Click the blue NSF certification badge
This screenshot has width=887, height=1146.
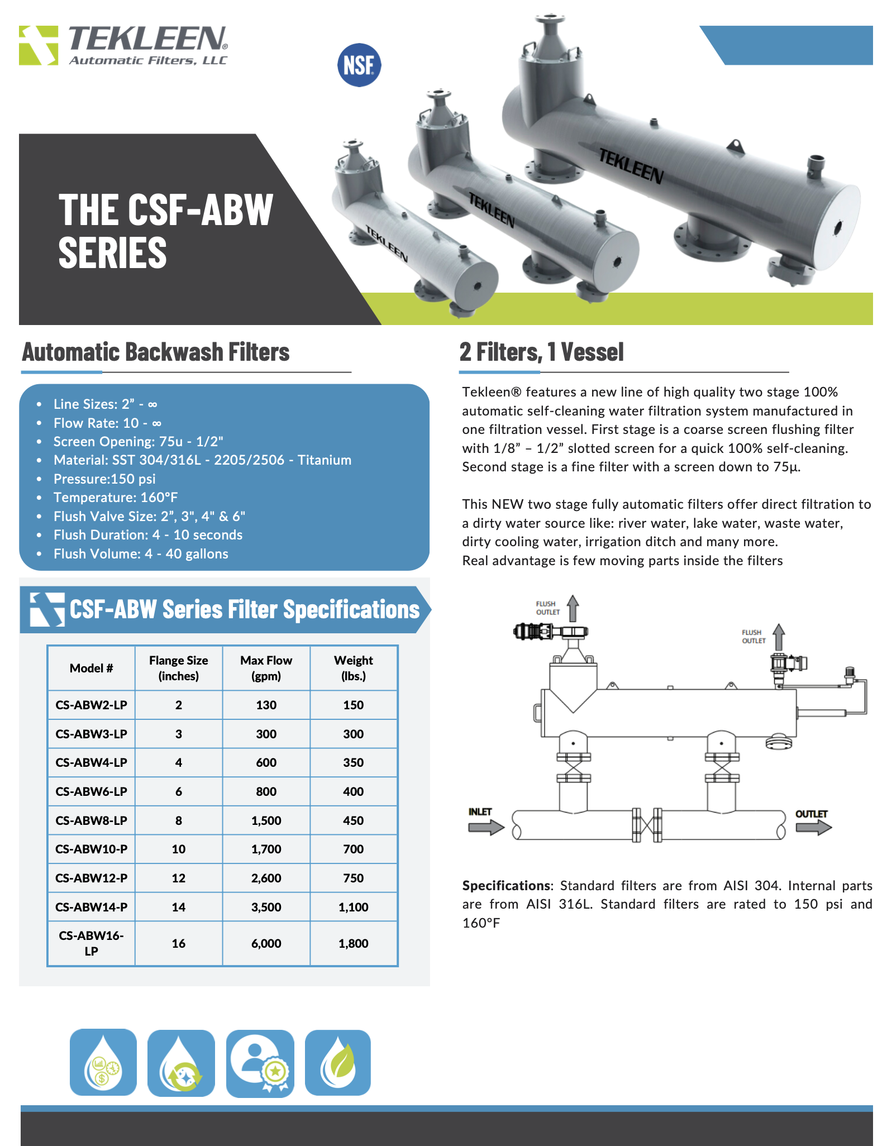coord(359,65)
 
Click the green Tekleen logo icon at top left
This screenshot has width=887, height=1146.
coord(39,45)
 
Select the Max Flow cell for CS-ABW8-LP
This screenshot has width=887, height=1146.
coord(266,820)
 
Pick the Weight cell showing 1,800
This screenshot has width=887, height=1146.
coord(353,943)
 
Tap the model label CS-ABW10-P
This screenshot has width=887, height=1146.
coord(92,849)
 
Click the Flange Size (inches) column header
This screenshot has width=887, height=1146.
coord(178,668)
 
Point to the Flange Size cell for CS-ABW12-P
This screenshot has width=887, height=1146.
coord(178,878)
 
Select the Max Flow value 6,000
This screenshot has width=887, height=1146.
coord(266,943)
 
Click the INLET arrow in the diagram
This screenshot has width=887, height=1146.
coord(485,827)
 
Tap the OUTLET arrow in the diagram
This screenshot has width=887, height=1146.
coord(813,827)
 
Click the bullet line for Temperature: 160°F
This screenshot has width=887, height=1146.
coord(116,497)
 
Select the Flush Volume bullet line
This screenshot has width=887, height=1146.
coord(141,553)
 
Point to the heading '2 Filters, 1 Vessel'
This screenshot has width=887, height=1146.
coord(541,352)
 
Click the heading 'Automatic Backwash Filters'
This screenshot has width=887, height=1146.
coord(156,352)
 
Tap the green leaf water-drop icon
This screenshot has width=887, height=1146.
coord(338,1062)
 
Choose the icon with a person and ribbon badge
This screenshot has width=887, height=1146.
coord(260,1063)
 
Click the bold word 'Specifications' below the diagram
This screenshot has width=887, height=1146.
coord(506,885)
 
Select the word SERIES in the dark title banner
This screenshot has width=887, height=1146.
coord(113,252)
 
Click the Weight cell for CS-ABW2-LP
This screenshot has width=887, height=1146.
coord(353,705)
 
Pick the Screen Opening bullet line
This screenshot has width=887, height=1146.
coord(138,441)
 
